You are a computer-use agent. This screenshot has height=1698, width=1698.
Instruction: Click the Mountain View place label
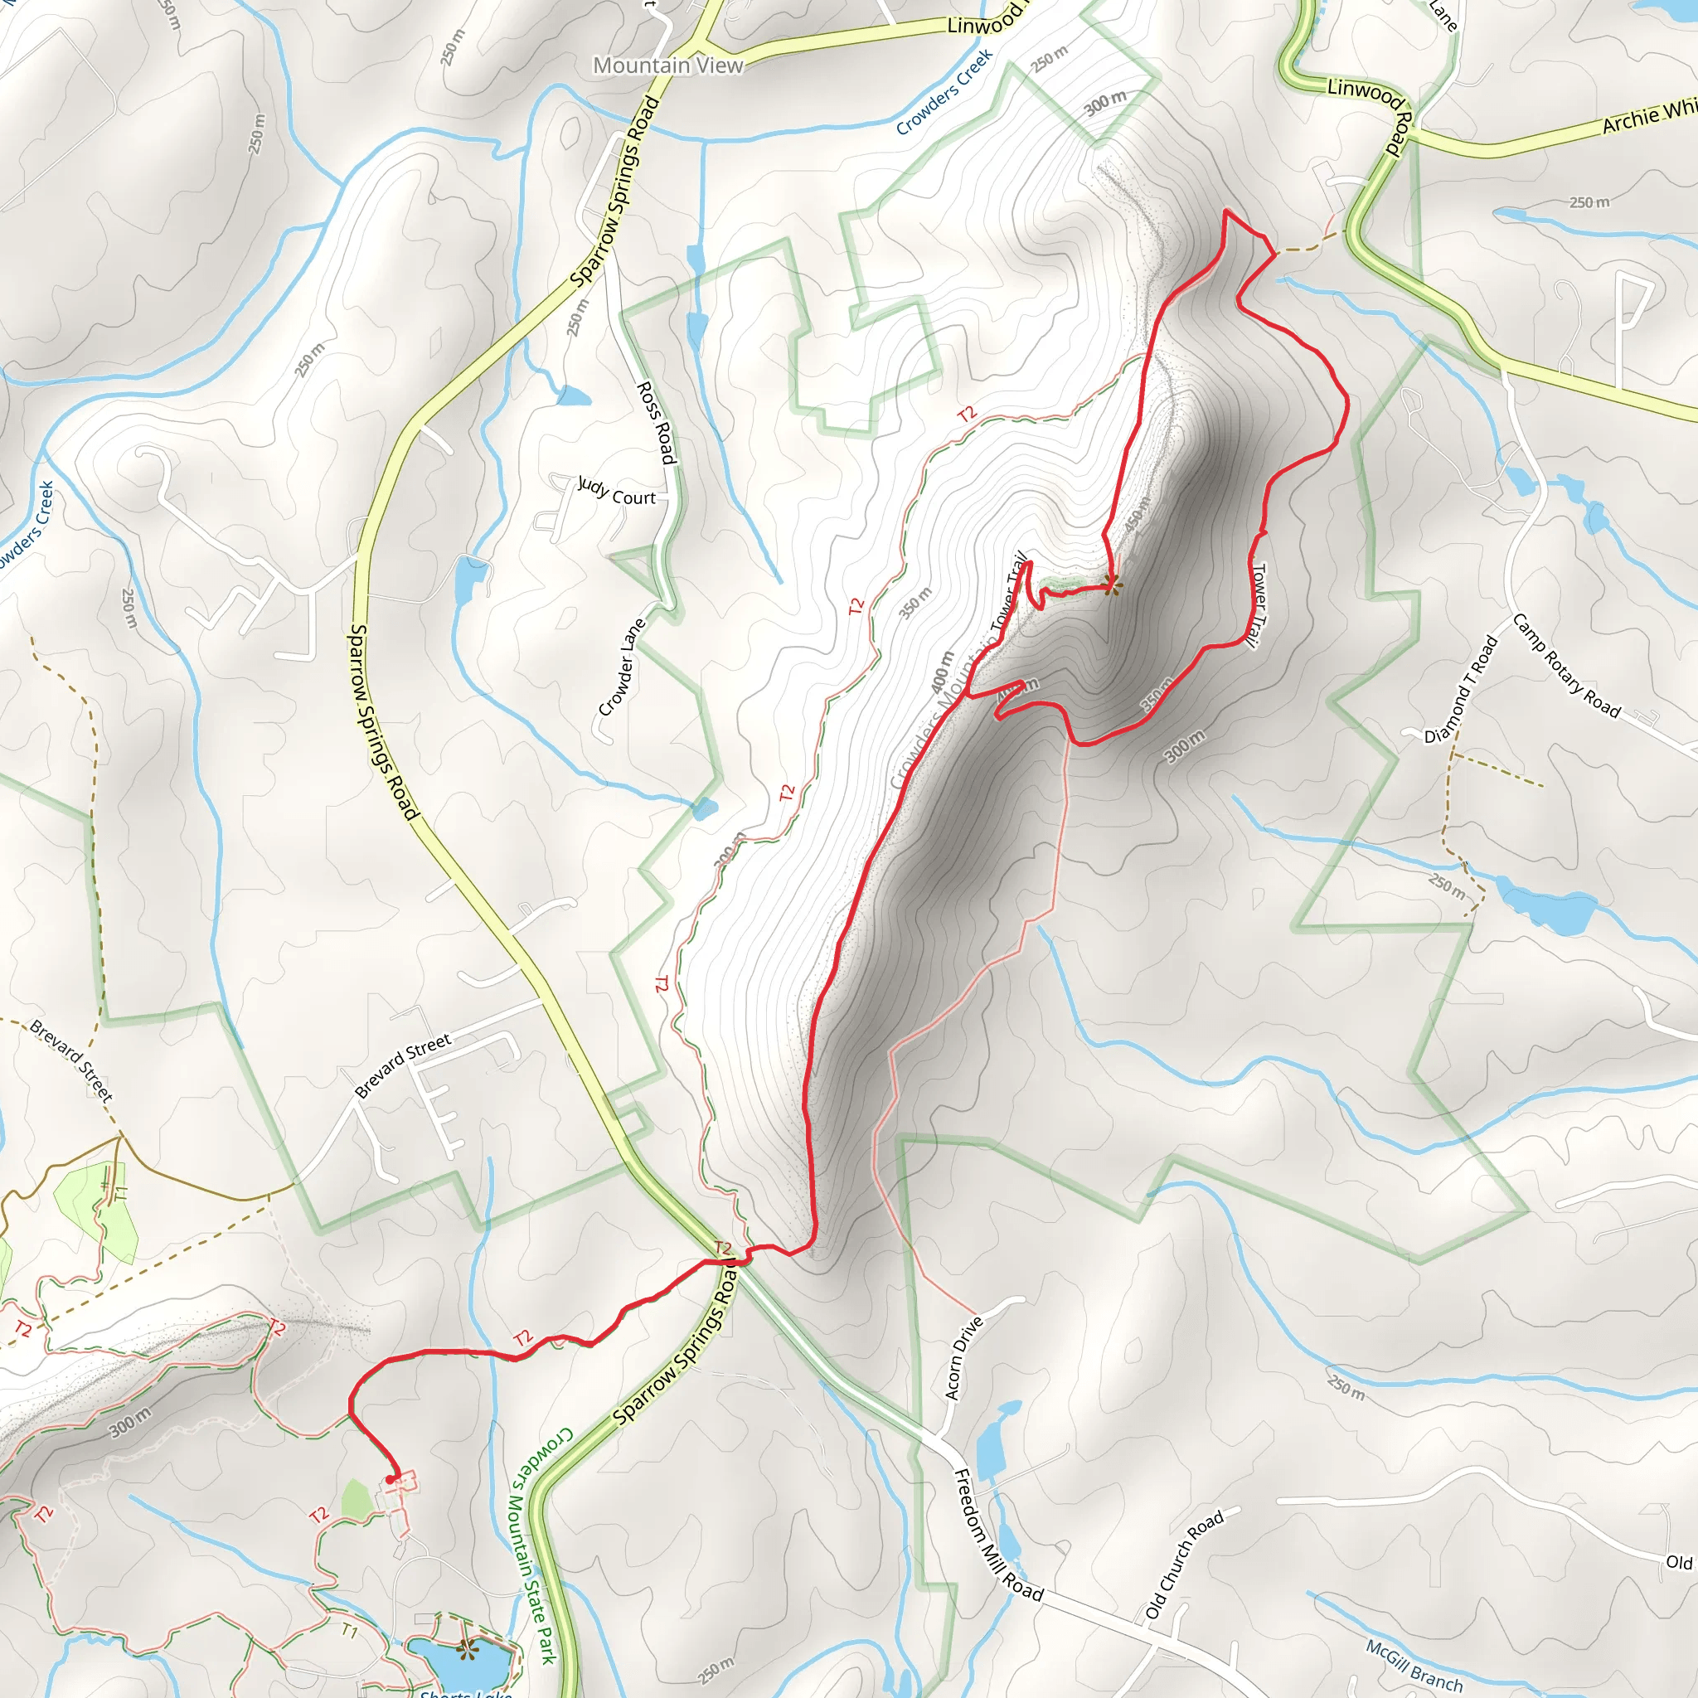point(668,65)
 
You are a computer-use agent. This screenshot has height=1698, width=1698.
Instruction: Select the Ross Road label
point(657,422)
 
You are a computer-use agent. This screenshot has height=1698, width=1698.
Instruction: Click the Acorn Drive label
point(963,1358)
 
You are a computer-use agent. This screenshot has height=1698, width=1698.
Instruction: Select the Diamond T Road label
point(1460,690)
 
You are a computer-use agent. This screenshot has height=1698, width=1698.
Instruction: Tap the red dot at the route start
point(391,1480)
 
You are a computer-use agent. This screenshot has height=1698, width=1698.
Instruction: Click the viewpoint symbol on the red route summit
point(1112,583)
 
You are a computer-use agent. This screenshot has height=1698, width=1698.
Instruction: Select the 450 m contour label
point(1137,515)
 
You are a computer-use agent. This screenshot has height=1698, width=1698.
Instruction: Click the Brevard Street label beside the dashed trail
point(71,1060)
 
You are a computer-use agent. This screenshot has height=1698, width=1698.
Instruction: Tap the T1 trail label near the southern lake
point(350,1631)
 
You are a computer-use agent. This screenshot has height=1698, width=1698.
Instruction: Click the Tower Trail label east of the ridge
point(1259,606)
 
